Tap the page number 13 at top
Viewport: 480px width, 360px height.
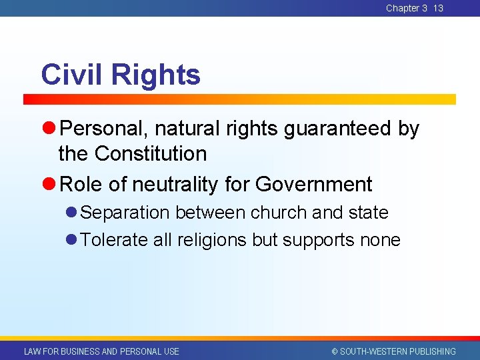coord(438,8)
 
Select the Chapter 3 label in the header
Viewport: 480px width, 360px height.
coord(407,8)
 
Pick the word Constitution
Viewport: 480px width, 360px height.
coord(151,154)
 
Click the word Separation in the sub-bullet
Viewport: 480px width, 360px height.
coord(127,213)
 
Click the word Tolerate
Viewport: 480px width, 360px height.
coord(114,240)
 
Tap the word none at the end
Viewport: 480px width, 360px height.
coord(380,240)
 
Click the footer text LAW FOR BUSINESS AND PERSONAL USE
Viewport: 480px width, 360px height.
coord(101,351)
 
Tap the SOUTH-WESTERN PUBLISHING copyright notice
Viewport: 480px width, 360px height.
coord(393,351)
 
